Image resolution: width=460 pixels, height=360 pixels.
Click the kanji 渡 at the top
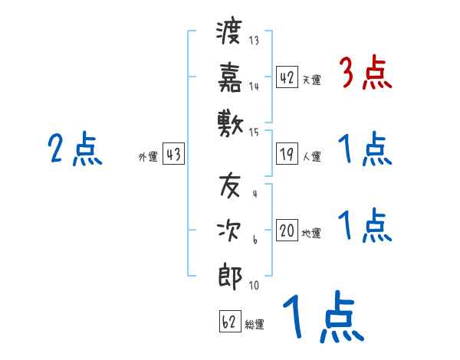(230, 32)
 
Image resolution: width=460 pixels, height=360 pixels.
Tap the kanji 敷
(230, 122)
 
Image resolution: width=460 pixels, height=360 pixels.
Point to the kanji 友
(230, 186)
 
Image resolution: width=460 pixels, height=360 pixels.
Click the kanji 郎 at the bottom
(230, 276)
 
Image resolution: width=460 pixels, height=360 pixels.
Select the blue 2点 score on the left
(74, 149)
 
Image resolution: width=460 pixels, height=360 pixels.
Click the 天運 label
(311, 80)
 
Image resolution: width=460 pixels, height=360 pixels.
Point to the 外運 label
(148, 157)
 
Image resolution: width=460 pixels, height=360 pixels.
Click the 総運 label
(255, 325)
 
